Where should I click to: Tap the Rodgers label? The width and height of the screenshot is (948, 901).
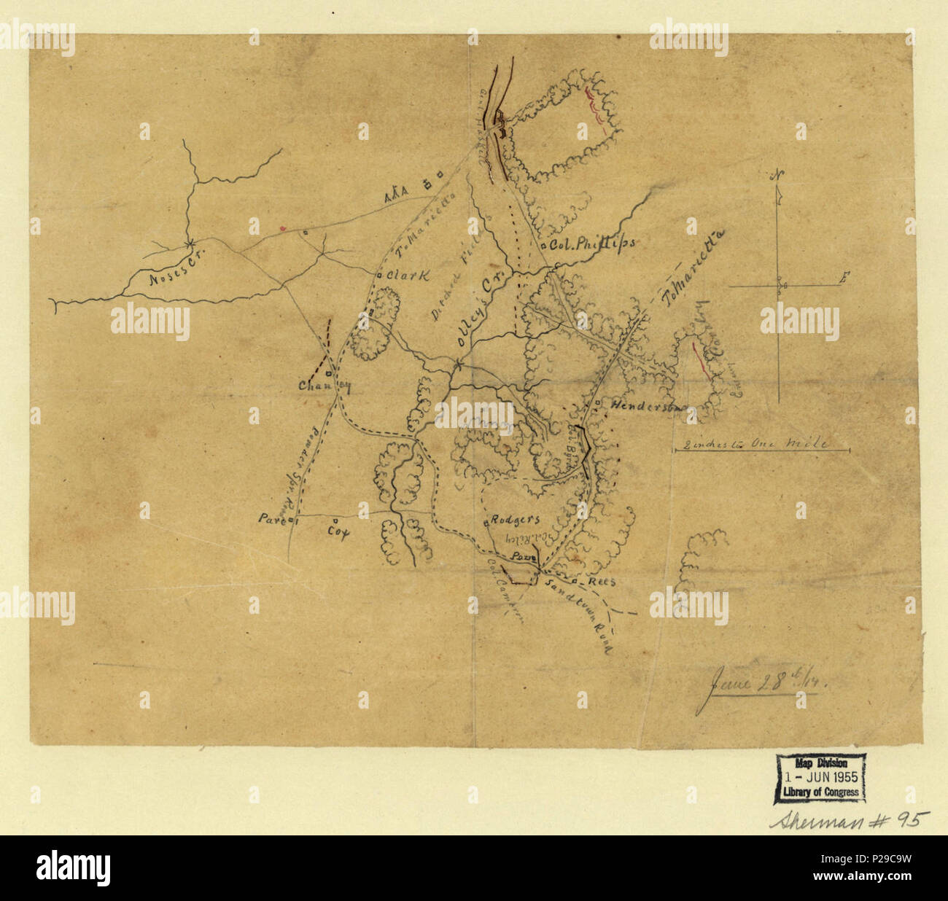516,520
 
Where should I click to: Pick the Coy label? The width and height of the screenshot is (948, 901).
338,531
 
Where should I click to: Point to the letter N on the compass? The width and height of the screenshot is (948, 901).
779,175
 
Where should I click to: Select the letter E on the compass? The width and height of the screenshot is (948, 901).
844,277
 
